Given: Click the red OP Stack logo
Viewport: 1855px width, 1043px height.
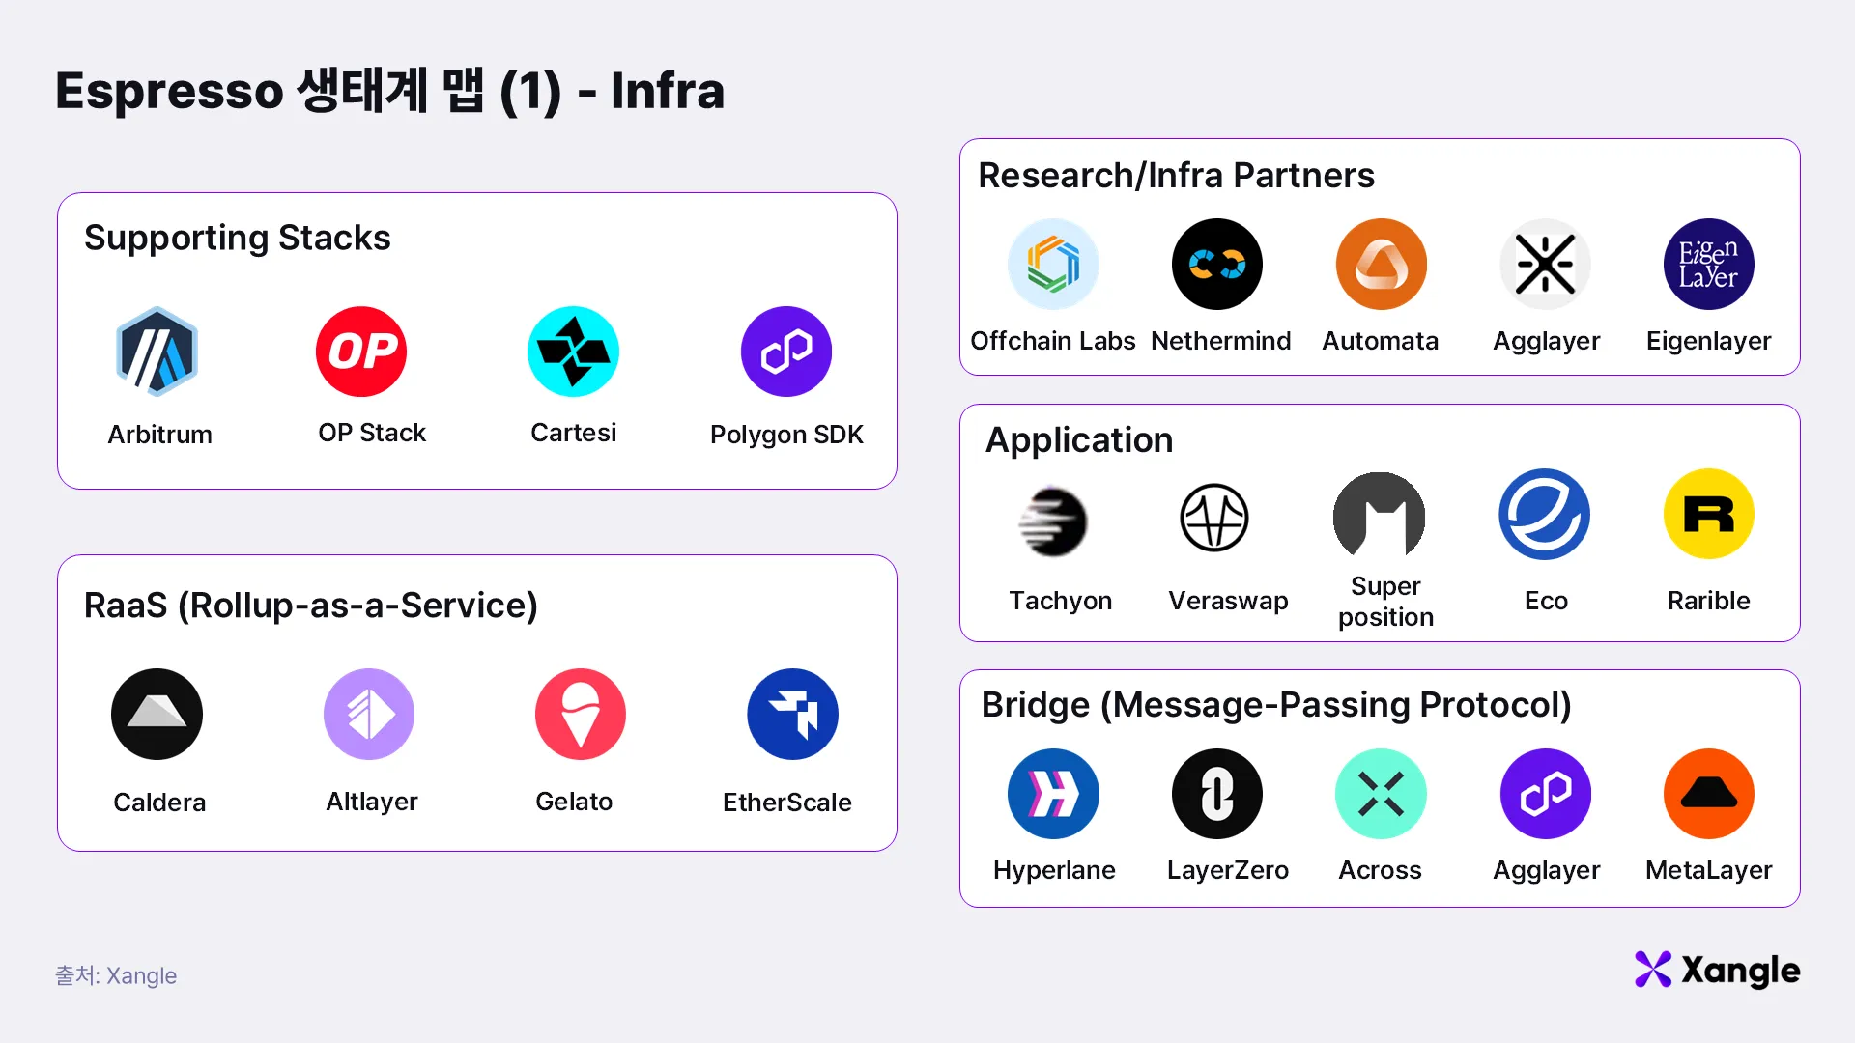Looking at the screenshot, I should [361, 352].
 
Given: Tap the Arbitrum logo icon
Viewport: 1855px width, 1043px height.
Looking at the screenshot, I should [157, 352].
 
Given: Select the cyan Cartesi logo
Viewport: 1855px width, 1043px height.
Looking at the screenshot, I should [573, 352].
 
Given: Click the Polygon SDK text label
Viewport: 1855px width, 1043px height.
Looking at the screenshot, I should [786, 435].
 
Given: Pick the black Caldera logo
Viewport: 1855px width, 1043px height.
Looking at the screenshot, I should [157, 714].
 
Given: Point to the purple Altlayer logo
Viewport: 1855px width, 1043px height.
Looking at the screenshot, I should [369, 714].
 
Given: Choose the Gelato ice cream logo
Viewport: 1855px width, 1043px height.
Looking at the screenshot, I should [581, 714].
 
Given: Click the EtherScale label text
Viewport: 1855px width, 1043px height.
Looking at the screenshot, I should [786, 803].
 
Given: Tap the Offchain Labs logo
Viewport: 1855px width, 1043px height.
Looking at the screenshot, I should [1053, 264].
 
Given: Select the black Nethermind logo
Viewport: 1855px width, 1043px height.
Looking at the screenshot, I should [1217, 264].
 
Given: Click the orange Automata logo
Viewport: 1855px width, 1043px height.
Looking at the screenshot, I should [1381, 264].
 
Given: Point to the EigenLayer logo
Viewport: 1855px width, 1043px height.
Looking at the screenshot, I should [1708, 264].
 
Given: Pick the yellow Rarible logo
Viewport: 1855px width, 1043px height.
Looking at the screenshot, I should [1708, 514].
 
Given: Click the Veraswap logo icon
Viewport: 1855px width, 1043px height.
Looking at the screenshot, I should [1214, 518].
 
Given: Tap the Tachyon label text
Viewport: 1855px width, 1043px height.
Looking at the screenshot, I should [1060, 601].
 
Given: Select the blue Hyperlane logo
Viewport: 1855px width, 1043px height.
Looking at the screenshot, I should [1053, 794].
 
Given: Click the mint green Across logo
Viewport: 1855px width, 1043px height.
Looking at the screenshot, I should [1381, 794].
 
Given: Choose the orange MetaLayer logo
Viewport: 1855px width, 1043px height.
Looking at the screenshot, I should [1708, 794].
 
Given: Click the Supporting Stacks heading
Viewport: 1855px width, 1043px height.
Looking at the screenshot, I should [238, 238].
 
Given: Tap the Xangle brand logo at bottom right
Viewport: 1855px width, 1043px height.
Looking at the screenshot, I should [1717, 970].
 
